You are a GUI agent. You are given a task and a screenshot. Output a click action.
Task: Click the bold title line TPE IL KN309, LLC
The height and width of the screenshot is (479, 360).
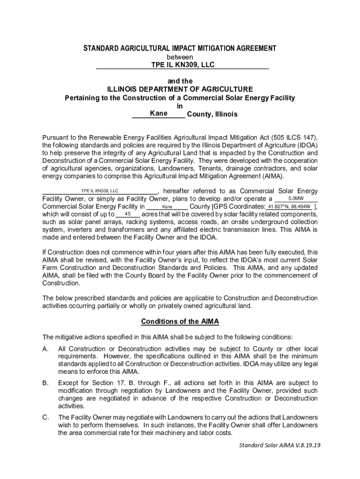click(182, 65)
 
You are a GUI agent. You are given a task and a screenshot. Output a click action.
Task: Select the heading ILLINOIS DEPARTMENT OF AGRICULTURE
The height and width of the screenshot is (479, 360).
click(180, 89)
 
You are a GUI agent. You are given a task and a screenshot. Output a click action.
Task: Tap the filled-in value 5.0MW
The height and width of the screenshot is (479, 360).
click(295, 198)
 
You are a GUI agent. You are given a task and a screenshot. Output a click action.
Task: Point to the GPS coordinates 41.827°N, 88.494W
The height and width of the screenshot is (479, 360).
click(289, 206)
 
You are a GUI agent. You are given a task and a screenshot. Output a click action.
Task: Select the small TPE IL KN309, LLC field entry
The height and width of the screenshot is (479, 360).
click(100, 191)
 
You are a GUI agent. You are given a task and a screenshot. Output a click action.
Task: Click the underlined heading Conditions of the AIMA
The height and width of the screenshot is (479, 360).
click(180, 322)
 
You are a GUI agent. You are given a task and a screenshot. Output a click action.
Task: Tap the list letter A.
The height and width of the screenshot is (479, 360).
click(45, 349)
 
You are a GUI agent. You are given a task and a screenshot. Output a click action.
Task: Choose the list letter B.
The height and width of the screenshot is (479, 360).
click(45, 383)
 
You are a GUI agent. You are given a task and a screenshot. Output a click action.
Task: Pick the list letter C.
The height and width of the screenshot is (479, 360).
click(45, 417)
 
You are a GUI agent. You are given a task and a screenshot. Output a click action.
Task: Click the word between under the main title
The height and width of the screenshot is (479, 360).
click(180, 57)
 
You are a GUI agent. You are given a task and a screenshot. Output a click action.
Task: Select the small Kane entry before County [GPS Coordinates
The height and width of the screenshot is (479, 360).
click(167, 207)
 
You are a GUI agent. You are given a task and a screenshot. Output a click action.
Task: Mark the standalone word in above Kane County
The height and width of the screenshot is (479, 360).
click(180, 106)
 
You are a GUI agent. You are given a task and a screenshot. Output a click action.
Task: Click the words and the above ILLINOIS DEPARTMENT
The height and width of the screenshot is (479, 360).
click(180, 81)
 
